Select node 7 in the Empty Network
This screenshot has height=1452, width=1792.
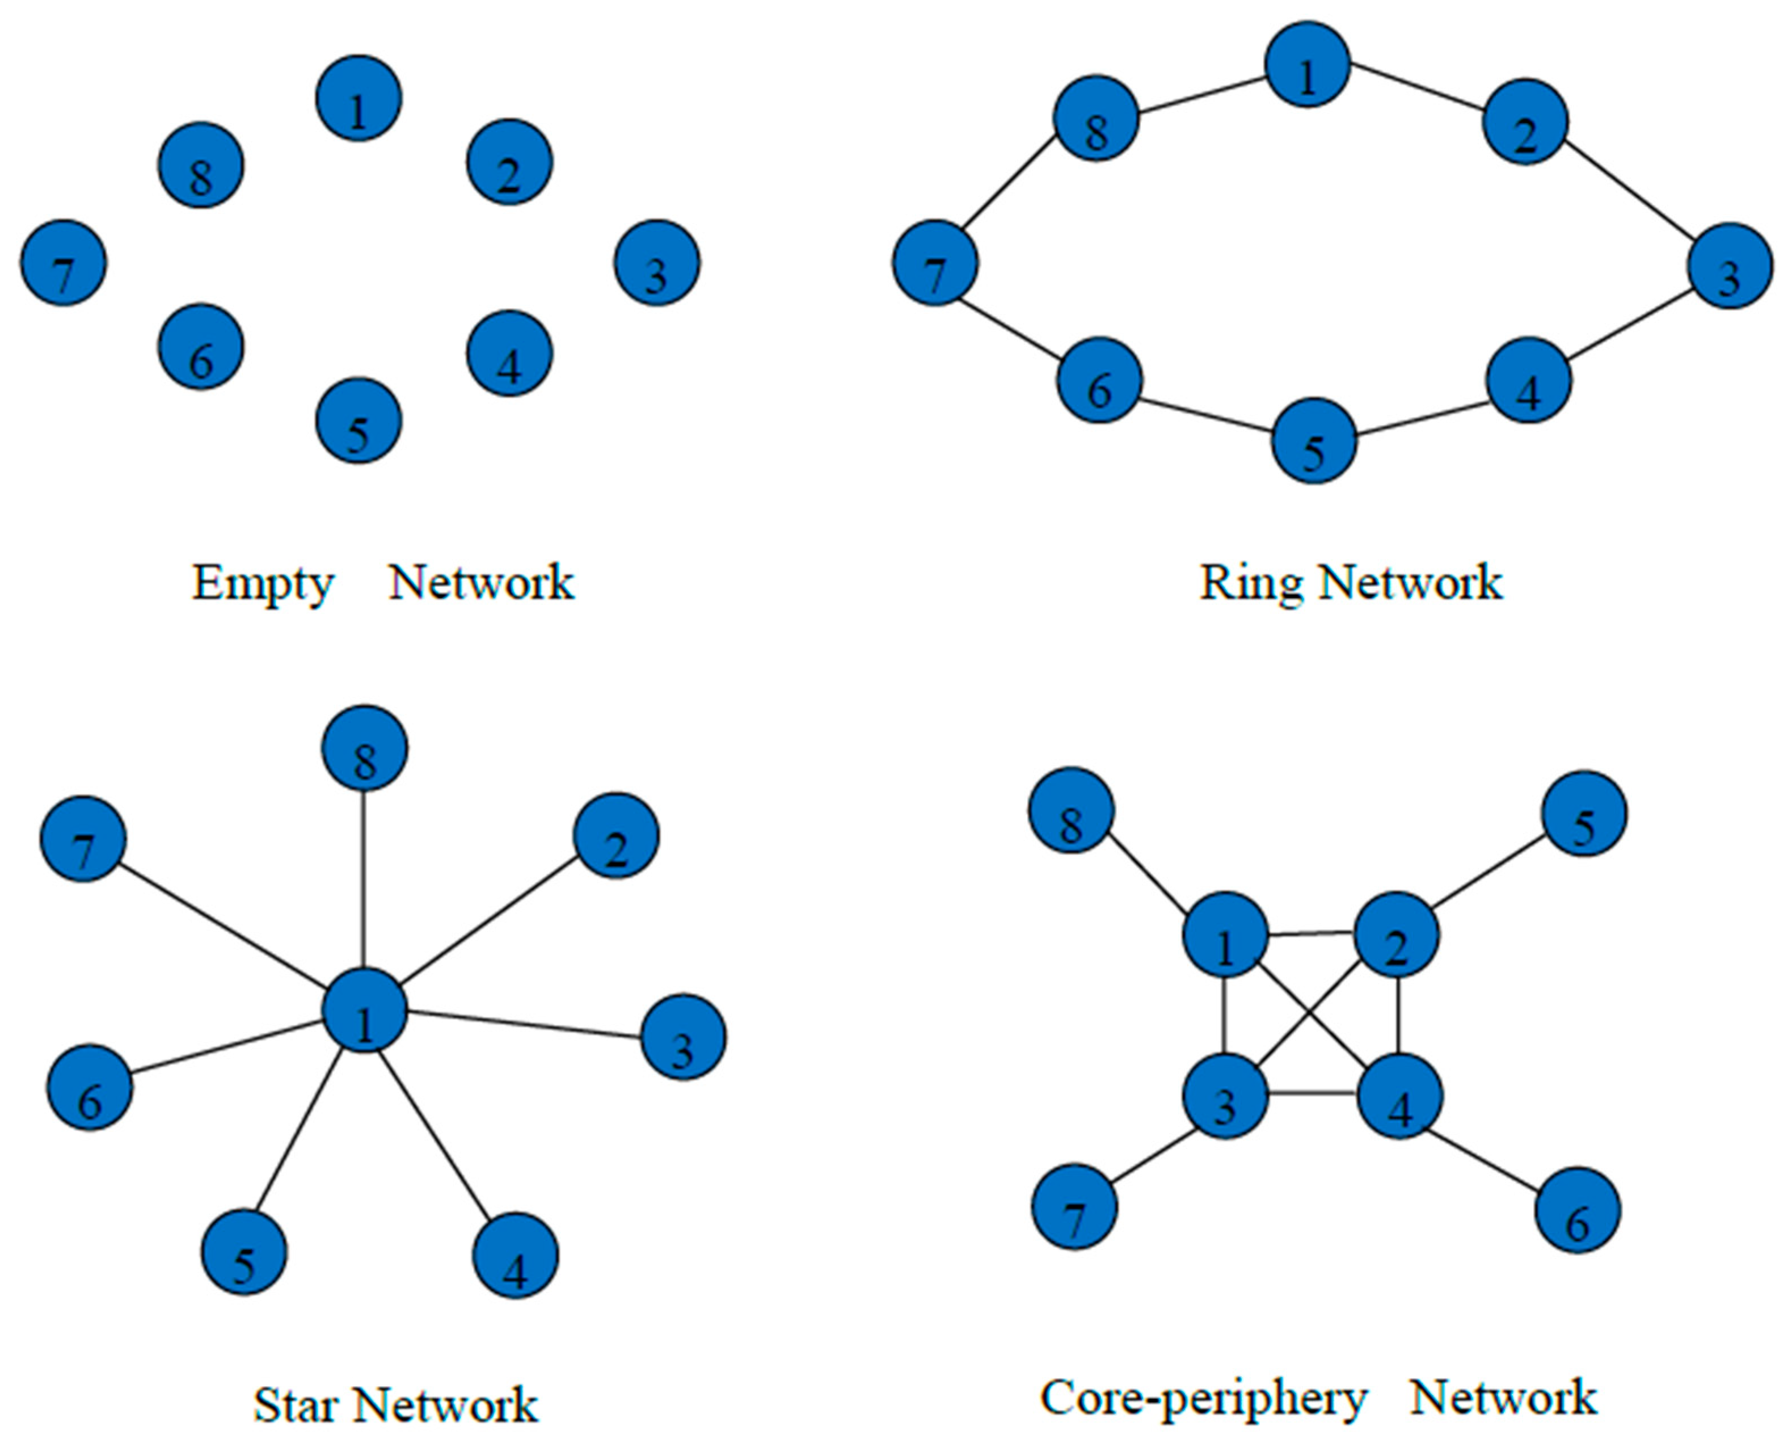(x=64, y=263)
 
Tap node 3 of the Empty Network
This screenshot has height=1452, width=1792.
(x=656, y=263)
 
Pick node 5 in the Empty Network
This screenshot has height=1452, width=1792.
(x=359, y=420)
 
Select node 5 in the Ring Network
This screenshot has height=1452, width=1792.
(x=1313, y=441)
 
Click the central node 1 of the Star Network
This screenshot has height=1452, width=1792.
(x=365, y=1011)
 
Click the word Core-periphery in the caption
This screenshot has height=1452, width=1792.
(x=1203, y=1397)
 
